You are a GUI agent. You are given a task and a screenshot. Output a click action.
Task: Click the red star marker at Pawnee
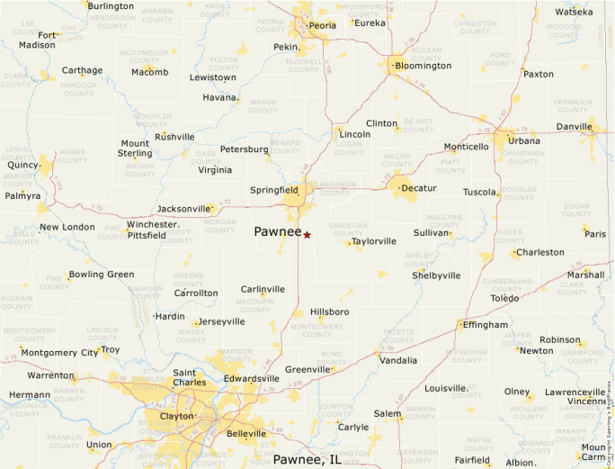pyautogui.click(x=307, y=235)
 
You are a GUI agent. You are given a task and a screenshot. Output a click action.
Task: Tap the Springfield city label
pyautogui.click(x=274, y=191)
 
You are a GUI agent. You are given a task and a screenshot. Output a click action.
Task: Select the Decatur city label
pyautogui.click(x=418, y=188)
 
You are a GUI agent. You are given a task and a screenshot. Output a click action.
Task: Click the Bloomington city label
pyautogui.click(x=423, y=66)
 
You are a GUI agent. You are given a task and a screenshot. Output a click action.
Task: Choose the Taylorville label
pyautogui.click(x=374, y=241)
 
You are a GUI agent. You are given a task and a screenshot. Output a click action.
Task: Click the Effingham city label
pyautogui.click(x=486, y=325)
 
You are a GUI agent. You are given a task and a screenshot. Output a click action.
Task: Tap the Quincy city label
pyautogui.click(x=22, y=165)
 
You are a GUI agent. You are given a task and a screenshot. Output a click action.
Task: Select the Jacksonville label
pyautogui.click(x=183, y=209)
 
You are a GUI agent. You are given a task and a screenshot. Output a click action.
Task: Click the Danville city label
pyautogui.click(x=574, y=127)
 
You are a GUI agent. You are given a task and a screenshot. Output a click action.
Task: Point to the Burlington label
pyautogui.click(x=111, y=6)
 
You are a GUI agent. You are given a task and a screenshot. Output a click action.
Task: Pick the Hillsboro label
pyautogui.click(x=329, y=311)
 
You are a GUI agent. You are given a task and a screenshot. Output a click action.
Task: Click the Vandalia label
pyautogui.click(x=398, y=360)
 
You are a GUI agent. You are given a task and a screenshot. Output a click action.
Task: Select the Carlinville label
pyautogui.click(x=263, y=289)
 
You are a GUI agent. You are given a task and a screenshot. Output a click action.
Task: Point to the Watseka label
pyautogui.click(x=574, y=12)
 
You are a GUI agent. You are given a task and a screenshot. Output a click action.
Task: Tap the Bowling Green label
pyautogui.click(x=102, y=275)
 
